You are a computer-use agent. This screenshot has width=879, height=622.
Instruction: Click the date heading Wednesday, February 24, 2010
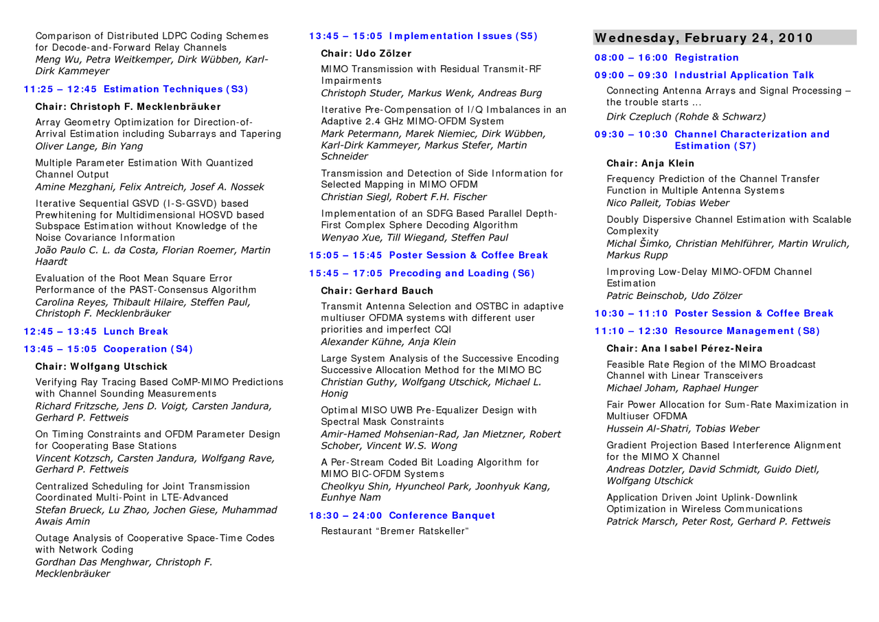pos(703,38)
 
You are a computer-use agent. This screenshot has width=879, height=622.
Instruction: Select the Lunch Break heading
pos(136,331)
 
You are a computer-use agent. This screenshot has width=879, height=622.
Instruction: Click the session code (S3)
pos(237,89)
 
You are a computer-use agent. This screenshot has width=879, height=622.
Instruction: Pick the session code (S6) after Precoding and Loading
pos(524,274)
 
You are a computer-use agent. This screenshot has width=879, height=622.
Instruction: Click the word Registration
pos(707,58)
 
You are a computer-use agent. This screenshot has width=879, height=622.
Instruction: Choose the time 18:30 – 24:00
pos(346,515)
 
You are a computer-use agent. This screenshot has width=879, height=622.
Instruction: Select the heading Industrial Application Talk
pos(744,76)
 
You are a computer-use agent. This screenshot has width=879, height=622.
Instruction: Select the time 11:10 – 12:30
pos(632,331)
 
